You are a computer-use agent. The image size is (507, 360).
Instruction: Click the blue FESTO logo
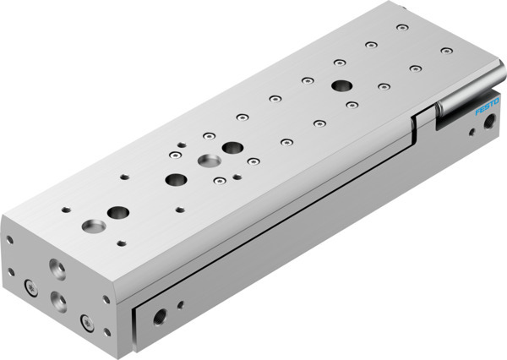pos(466,108)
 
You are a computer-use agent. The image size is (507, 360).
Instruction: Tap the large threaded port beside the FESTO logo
pos(487,123)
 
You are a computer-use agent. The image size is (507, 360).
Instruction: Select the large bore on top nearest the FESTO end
pos(342,85)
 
